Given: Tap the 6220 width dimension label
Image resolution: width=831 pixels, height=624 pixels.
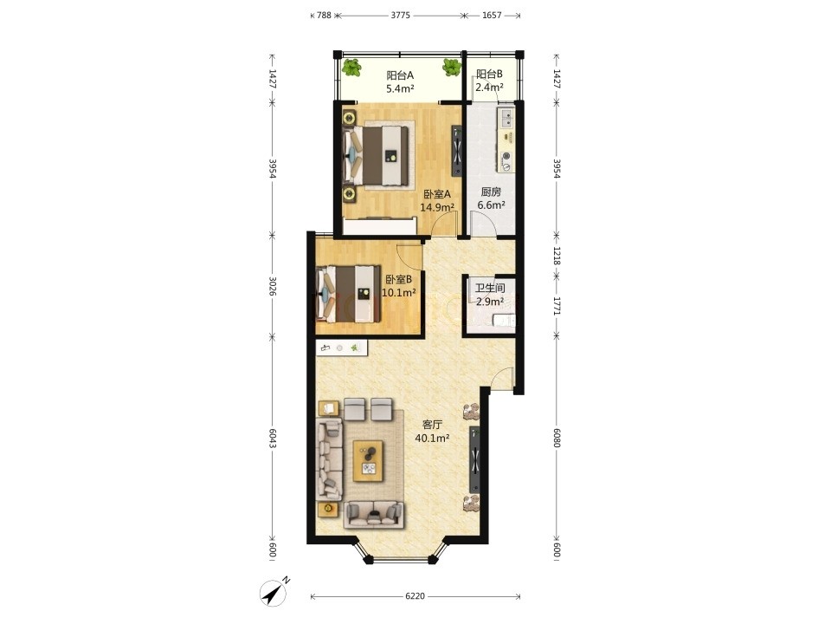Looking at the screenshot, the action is coord(415,596).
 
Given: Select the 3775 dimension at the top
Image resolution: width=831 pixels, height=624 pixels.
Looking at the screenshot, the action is coord(401,16).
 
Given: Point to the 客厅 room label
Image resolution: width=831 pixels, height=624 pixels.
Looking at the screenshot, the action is coord(433,425).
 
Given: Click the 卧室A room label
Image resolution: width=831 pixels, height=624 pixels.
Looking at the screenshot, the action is coord(437,194).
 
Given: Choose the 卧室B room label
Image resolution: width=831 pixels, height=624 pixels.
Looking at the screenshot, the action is coord(398,279).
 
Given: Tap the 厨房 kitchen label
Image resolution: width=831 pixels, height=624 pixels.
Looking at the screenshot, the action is coord(491,192).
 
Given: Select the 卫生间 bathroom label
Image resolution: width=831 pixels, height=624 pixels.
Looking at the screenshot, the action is coord(490,288).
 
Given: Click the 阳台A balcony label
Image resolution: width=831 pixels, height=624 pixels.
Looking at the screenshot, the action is coord(400,75).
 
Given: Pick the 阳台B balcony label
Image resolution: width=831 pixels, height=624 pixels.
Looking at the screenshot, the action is coord(489,74).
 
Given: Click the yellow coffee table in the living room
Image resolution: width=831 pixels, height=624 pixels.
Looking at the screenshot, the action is coord(369,460).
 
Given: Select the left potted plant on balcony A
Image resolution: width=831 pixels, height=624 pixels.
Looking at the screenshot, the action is coord(351,68).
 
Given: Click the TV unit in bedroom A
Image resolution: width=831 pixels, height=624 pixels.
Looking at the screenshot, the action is coord(457,151).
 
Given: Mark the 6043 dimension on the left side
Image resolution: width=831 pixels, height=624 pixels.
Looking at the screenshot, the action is coord(273,439).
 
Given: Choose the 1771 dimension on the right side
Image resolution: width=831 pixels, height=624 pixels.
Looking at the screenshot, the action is coord(557,306).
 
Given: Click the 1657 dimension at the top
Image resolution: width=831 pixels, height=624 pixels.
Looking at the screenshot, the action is coord(492,16).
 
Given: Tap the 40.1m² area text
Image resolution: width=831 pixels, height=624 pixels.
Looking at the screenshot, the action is coord(433,439).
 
